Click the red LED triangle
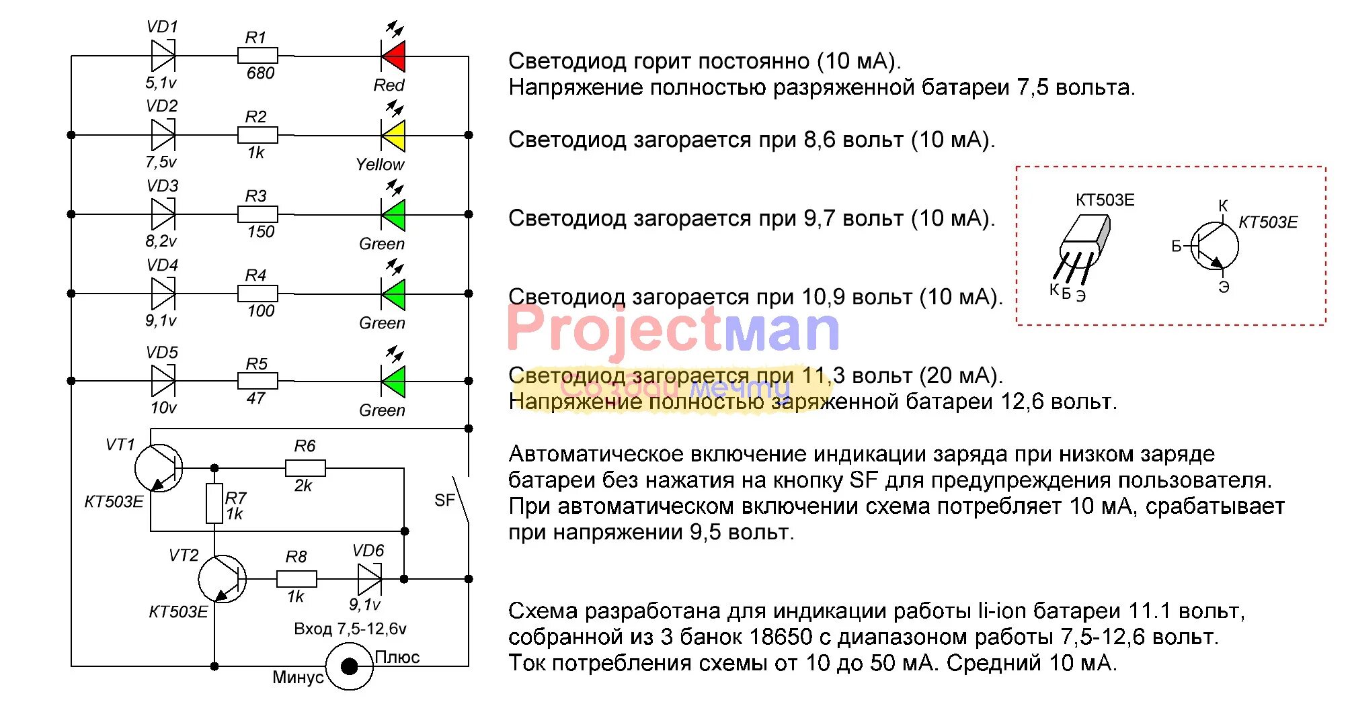click(x=395, y=56)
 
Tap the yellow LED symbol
click(x=395, y=136)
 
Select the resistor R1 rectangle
click(x=257, y=56)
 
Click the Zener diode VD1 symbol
click(x=163, y=56)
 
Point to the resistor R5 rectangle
click(x=257, y=381)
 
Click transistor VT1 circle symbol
click(x=159, y=468)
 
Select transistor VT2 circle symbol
click(x=223, y=578)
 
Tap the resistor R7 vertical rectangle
click(x=214, y=502)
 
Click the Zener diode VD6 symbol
click(x=370, y=578)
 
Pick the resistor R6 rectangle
click(x=305, y=467)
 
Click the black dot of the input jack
click(x=349, y=666)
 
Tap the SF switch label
click(x=444, y=500)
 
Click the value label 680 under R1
click(x=260, y=73)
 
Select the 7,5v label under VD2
click(x=161, y=162)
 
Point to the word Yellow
click(x=380, y=165)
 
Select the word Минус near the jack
click(x=298, y=677)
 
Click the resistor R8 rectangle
click(x=296, y=578)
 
